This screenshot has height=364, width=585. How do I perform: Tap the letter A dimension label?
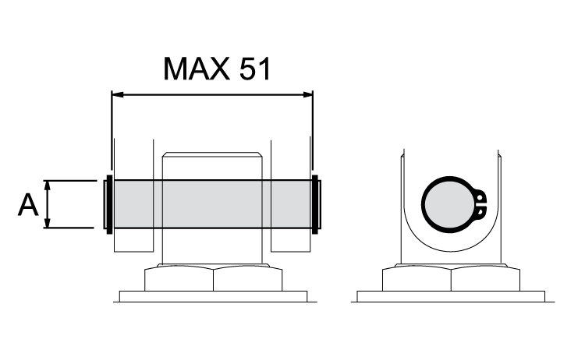click(28, 205)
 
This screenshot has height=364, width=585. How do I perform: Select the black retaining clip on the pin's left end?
click(108, 204)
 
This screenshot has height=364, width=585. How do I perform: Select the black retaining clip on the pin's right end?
click(316, 204)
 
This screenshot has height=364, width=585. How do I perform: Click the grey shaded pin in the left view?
click(211, 204)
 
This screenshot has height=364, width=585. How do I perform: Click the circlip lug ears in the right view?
click(480, 204)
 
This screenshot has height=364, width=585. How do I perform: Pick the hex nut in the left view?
click(212, 278)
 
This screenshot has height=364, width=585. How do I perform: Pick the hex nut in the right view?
click(450, 278)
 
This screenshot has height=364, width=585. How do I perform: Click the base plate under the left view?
click(212, 296)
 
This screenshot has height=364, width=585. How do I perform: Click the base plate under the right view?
click(450, 296)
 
